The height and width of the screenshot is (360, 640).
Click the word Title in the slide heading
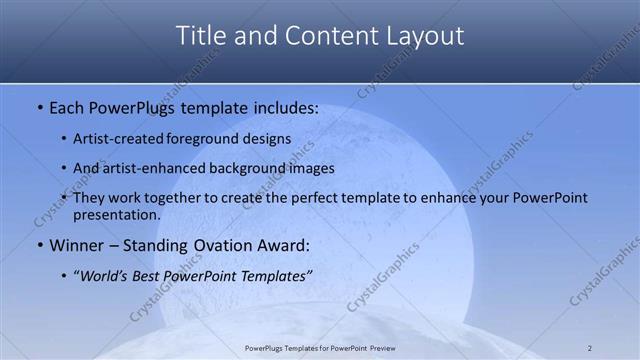click(x=201, y=36)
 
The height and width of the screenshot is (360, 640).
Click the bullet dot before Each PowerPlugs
click(x=39, y=106)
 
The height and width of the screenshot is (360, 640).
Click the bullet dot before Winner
click(x=39, y=245)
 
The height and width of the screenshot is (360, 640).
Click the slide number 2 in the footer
click(x=589, y=348)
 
